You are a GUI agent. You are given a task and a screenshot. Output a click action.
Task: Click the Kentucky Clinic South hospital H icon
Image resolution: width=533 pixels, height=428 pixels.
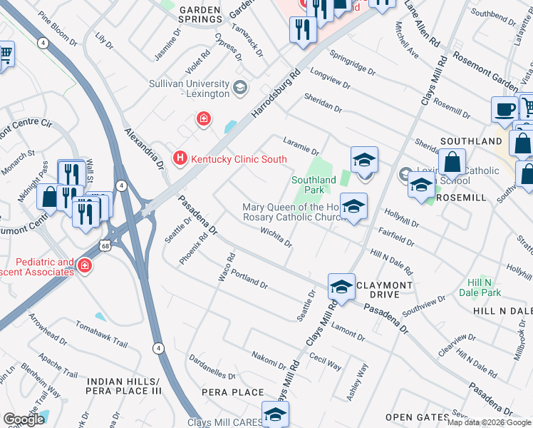pyautogui.click(x=180, y=158)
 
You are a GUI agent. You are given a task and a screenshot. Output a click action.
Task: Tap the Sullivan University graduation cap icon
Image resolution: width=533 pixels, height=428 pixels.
pyautogui.click(x=240, y=88)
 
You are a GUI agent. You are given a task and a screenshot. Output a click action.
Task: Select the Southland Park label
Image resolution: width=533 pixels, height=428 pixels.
pyautogui.click(x=314, y=185)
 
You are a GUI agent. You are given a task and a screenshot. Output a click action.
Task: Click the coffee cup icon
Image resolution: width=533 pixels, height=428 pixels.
pyautogui.click(x=504, y=109)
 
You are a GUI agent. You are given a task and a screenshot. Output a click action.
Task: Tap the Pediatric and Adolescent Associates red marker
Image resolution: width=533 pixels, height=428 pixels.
pyautogui.click(x=85, y=266)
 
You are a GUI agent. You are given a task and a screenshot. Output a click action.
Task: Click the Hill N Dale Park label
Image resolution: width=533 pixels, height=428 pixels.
pyautogui.click(x=490, y=287)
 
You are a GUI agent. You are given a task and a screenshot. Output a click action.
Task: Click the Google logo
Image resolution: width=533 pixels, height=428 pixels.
pyautogui.click(x=24, y=419)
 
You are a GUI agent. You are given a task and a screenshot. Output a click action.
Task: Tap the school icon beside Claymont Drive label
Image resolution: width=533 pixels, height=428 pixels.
pyautogui.click(x=342, y=287)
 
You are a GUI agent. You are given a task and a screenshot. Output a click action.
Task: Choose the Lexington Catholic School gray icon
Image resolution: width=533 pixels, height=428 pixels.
pyautogui.click(x=405, y=173)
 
